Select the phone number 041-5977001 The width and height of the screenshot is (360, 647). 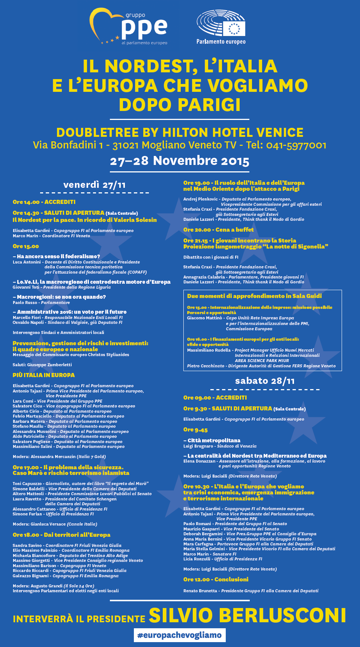tap(296, 145)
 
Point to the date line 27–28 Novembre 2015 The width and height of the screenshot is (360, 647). tap(180, 161)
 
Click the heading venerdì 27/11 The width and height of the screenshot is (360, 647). tap(94, 185)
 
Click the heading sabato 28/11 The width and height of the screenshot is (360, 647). tap(265, 381)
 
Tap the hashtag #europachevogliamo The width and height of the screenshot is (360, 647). tap(180, 635)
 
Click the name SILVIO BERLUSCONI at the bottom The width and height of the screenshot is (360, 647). tap(247, 616)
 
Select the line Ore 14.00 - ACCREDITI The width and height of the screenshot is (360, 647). tap(44, 202)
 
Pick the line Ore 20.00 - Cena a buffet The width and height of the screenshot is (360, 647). tap(218, 230)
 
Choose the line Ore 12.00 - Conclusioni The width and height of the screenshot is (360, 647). tap(216, 580)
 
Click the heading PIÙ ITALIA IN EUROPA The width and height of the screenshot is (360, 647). tap(43, 375)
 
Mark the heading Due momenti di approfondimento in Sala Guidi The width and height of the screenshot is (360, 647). tap(254, 296)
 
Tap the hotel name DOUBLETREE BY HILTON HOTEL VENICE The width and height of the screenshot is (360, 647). tap(180, 133)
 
